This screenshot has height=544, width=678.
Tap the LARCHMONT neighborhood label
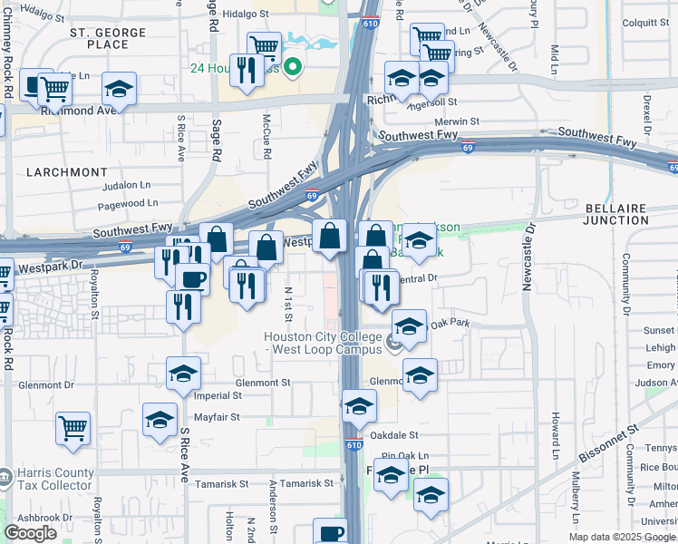coord(68,172)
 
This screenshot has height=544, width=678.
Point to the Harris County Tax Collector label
coord(54,479)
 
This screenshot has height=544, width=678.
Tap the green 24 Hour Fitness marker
coord(293,67)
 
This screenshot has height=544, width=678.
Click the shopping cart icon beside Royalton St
coord(73,427)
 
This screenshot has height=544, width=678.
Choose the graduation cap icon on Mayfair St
coord(160,419)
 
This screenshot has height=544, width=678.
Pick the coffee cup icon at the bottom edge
coord(330,533)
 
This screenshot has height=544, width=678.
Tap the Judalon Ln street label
coord(126,184)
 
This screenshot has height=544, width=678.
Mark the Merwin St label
coord(456,121)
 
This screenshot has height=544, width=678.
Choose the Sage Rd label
coord(217,141)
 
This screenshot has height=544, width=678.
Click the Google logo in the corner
coord(30,532)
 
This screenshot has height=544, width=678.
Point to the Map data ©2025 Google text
coord(622,537)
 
